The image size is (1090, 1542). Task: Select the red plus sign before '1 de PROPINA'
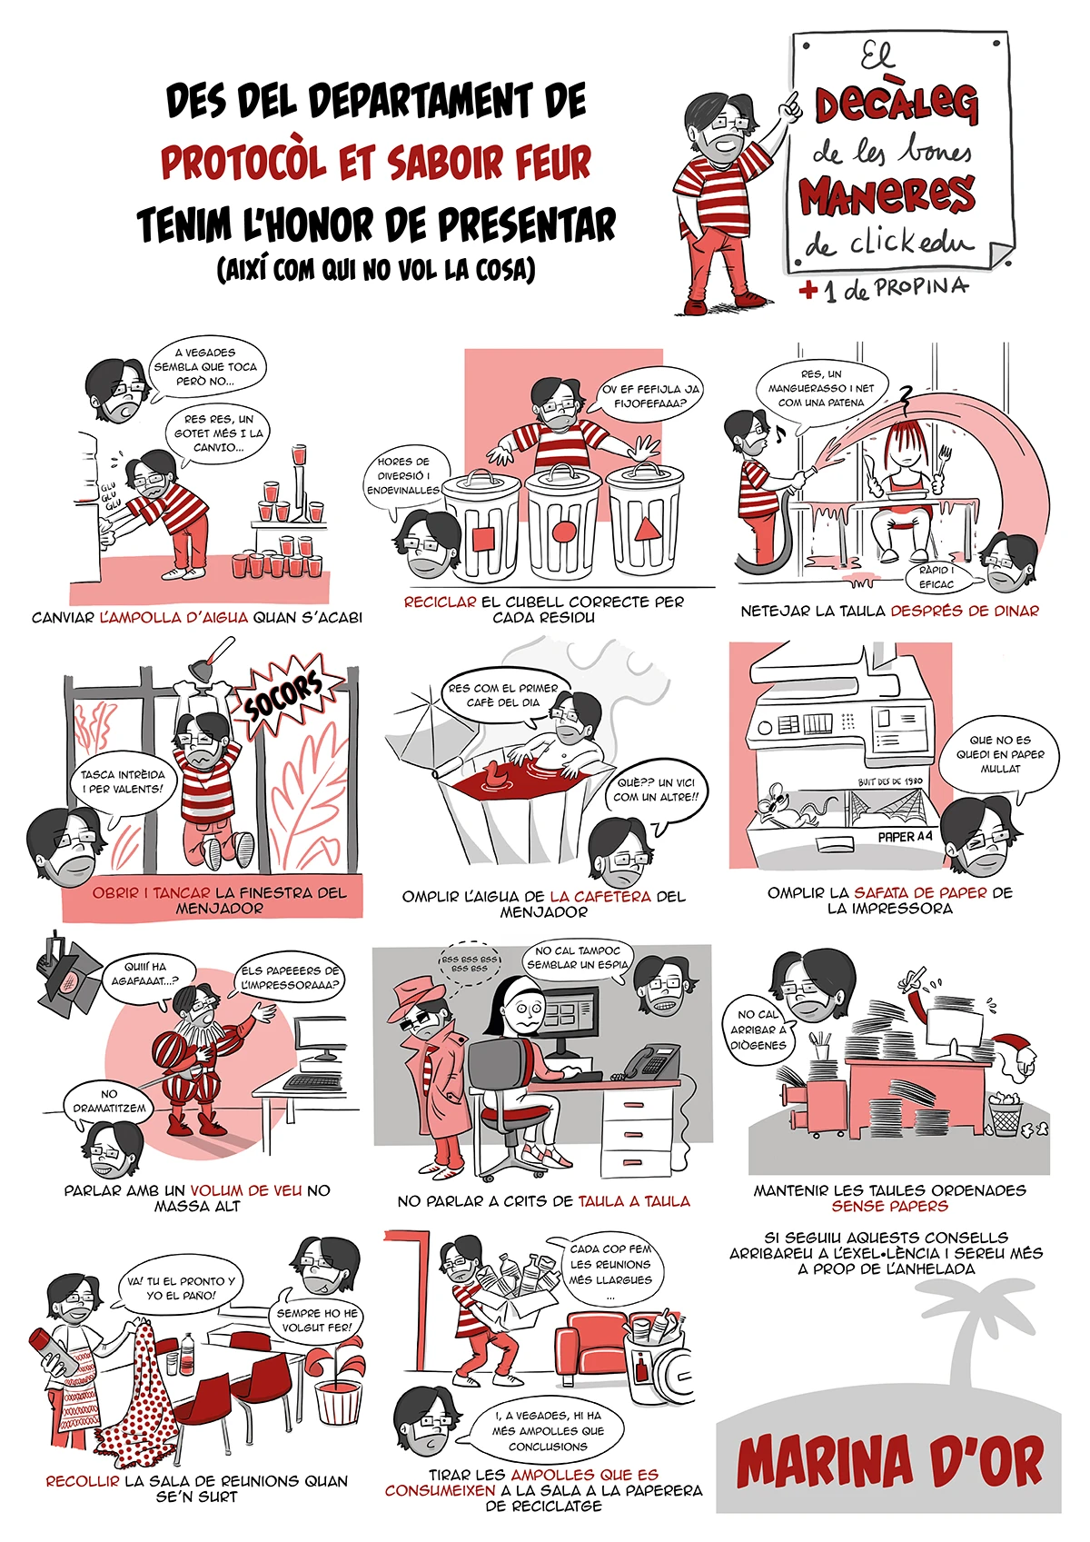coord(808,291)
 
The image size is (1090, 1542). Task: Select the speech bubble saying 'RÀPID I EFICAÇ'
coord(936,577)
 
